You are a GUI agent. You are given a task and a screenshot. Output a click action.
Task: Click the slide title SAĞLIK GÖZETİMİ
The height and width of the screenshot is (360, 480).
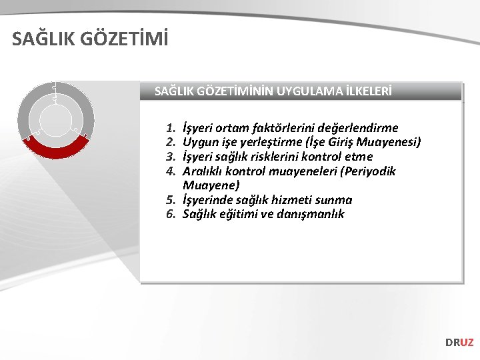(90, 39)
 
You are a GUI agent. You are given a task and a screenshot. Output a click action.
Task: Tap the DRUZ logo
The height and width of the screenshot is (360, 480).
(459, 342)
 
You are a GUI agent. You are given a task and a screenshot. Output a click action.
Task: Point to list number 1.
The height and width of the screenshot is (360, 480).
(171, 128)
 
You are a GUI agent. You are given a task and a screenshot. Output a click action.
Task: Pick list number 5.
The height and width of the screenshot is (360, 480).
(171, 200)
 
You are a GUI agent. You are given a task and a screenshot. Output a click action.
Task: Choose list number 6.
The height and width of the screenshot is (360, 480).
(171, 214)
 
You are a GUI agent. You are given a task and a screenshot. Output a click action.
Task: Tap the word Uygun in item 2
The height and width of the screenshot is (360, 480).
(199, 142)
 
